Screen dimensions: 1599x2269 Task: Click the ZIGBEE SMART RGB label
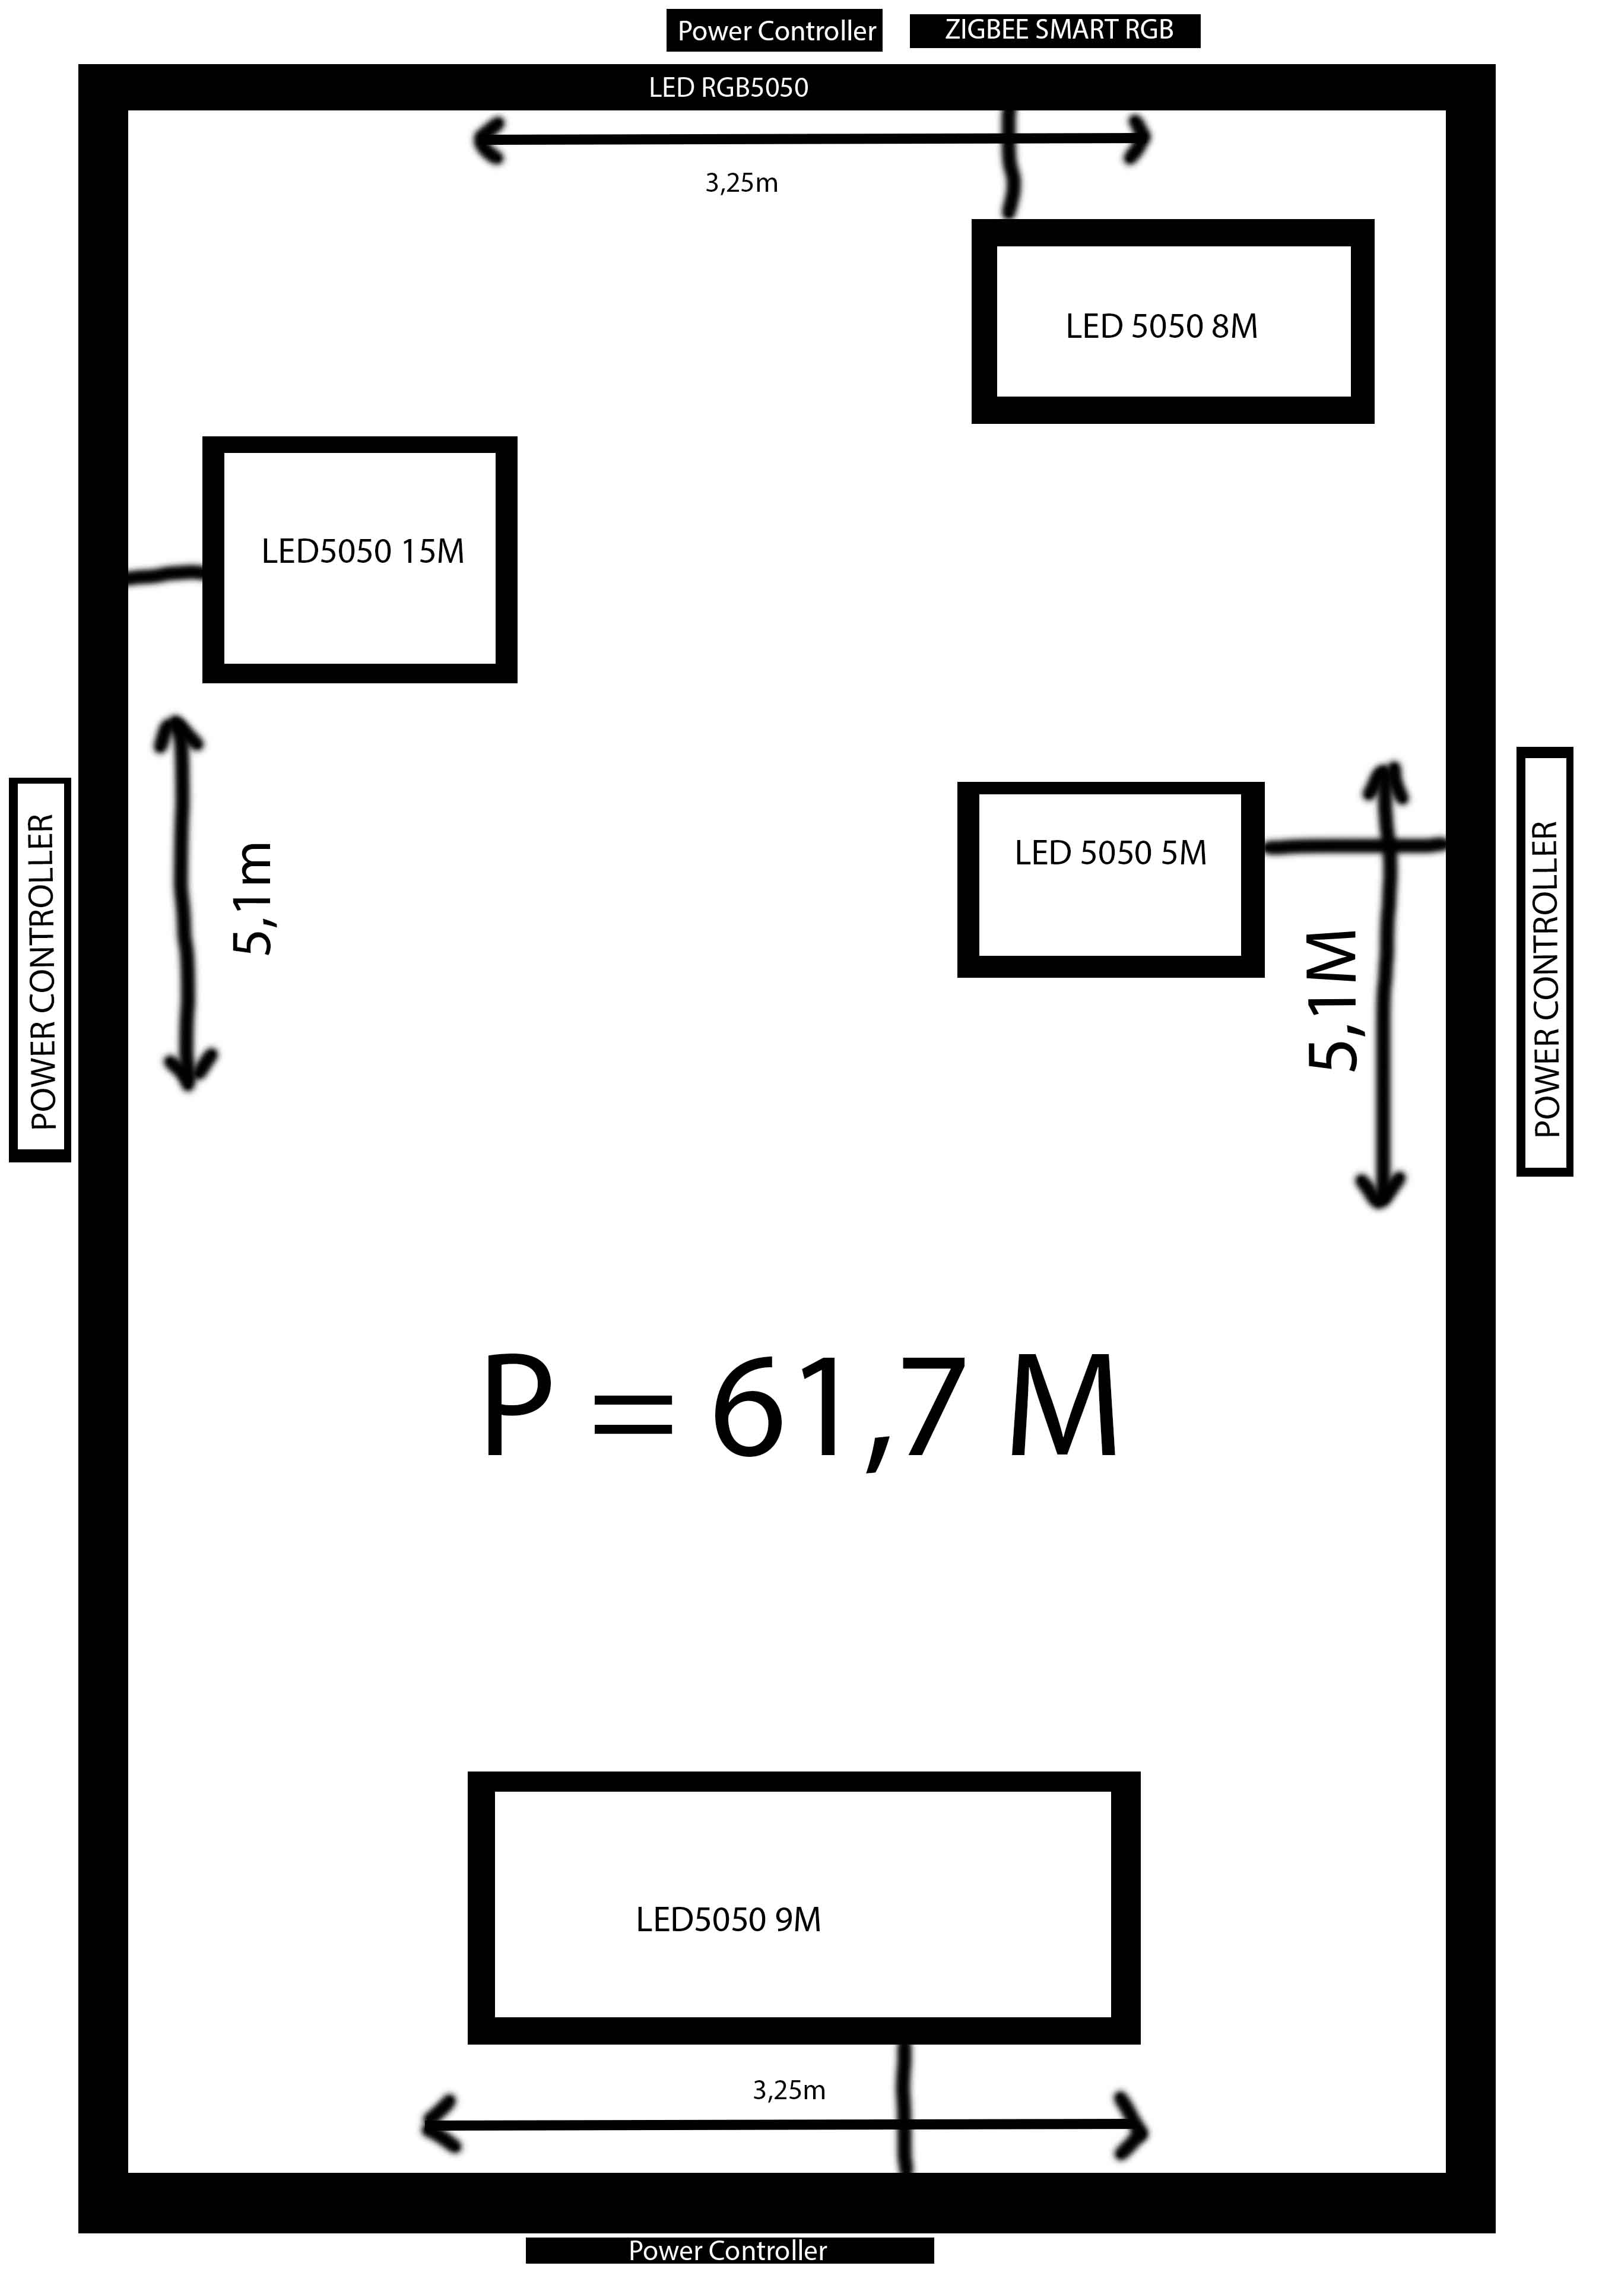[x=1058, y=30]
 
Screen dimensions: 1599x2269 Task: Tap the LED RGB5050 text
[x=728, y=88]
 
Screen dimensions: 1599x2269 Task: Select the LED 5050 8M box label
[x=1161, y=326]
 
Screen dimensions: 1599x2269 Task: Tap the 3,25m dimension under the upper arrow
[x=741, y=183]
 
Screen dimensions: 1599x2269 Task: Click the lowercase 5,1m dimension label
[x=253, y=898]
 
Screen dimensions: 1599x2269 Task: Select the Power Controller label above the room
[x=777, y=31]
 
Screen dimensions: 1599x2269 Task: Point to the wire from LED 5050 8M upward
[x=1010, y=163]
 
